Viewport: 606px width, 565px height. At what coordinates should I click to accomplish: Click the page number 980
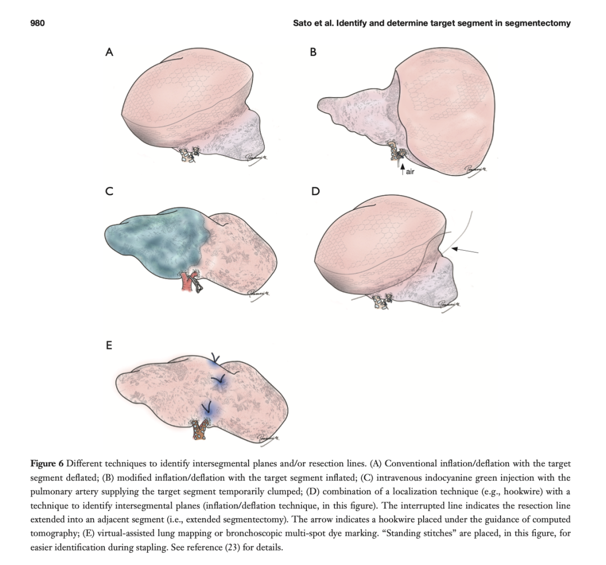click(x=38, y=23)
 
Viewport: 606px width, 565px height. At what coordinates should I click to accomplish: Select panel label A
click(x=109, y=52)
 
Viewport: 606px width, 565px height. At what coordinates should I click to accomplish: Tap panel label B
click(x=314, y=52)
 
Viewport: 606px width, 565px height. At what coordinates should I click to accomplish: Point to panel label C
click(x=109, y=191)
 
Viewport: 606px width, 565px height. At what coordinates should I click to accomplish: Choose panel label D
click(x=316, y=191)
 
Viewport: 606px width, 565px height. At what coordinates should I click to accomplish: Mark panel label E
click(x=109, y=345)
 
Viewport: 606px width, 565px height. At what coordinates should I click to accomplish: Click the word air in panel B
click(x=410, y=171)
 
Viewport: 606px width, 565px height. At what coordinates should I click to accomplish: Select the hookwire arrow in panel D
click(x=465, y=250)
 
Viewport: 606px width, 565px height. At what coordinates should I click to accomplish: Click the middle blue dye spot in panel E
click(x=219, y=382)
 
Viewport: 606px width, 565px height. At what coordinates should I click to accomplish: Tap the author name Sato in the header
click(x=301, y=23)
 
